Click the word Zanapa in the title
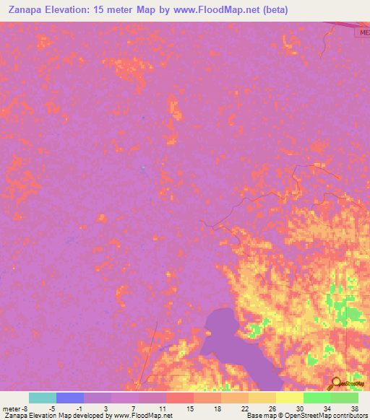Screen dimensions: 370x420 pyautogui.click(x=27, y=9)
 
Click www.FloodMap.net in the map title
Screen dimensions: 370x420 pyautogui.click(x=218, y=9)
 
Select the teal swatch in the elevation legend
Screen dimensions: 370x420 pyautogui.click(x=42, y=398)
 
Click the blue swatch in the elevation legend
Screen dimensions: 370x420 pyautogui.click(x=69, y=398)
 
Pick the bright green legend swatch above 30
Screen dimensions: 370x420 pyautogui.click(x=317, y=398)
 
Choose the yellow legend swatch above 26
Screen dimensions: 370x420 pyautogui.click(x=289, y=398)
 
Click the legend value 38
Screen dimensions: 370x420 pyautogui.click(x=353, y=408)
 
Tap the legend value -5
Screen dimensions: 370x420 pyautogui.click(x=53, y=408)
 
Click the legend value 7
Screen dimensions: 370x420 pyautogui.click(x=134, y=408)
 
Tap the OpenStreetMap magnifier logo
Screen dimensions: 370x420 pyautogui.click(x=335, y=382)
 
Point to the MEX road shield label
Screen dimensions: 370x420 pyautogui.click(x=362, y=32)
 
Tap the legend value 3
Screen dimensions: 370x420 pyautogui.click(x=106, y=408)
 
